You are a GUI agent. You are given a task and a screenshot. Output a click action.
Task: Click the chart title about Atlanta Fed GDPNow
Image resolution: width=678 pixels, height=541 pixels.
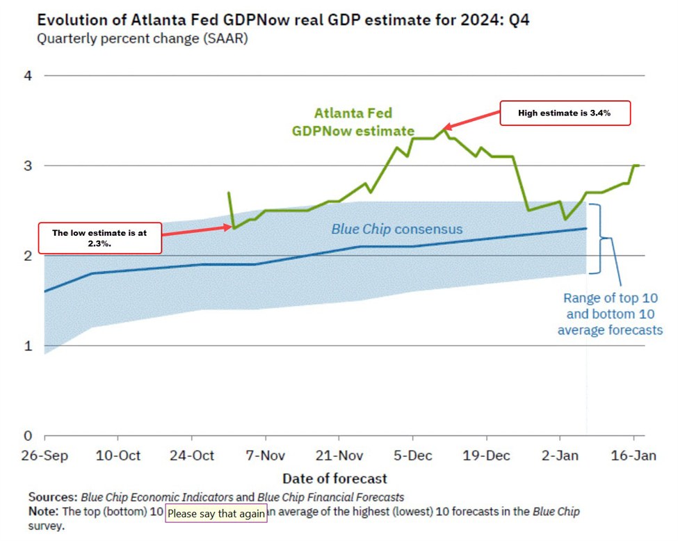click(x=283, y=19)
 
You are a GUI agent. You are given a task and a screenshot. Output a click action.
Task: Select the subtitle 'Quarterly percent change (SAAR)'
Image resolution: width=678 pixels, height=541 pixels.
click(x=142, y=39)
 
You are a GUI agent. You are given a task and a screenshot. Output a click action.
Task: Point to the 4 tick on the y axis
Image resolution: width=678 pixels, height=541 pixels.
click(x=28, y=75)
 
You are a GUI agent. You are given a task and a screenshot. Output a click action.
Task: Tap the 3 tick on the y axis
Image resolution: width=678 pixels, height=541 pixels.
click(x=28, y=165)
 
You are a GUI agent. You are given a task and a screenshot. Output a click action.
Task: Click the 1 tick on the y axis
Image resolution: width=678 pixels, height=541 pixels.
click(x=28, y=346)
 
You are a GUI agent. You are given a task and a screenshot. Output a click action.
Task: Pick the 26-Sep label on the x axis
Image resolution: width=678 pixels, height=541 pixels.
click(x=45, y=455)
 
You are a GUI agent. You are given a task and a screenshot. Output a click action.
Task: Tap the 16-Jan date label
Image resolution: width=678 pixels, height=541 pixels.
click(x=633, y=455)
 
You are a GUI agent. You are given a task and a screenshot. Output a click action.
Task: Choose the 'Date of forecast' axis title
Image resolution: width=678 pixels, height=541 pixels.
click(x=334, y=478)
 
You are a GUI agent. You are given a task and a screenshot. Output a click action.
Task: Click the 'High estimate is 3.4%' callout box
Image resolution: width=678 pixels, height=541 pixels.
click(x=565, y=113)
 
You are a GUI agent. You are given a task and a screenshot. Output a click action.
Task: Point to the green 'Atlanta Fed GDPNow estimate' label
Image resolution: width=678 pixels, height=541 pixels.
click(x=363, y=122)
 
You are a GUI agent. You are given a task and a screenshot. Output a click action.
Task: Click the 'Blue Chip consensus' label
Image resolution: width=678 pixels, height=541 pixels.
click(x=396, y=229)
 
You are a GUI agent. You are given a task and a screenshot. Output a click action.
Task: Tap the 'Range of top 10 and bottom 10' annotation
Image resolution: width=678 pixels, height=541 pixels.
click(x=610, y=314)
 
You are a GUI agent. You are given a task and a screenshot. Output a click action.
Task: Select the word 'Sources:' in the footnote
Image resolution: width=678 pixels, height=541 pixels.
click(x=53, y=497)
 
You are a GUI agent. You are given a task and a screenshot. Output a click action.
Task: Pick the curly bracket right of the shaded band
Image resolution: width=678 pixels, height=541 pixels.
click(x=604, y=239)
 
